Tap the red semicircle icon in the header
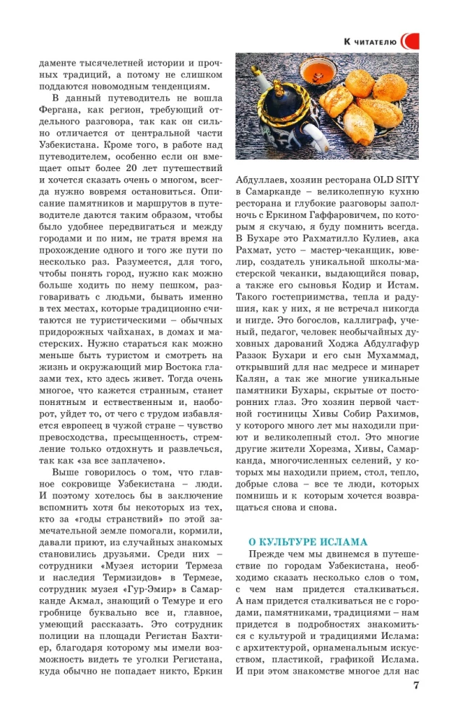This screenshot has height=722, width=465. coord(409,42)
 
